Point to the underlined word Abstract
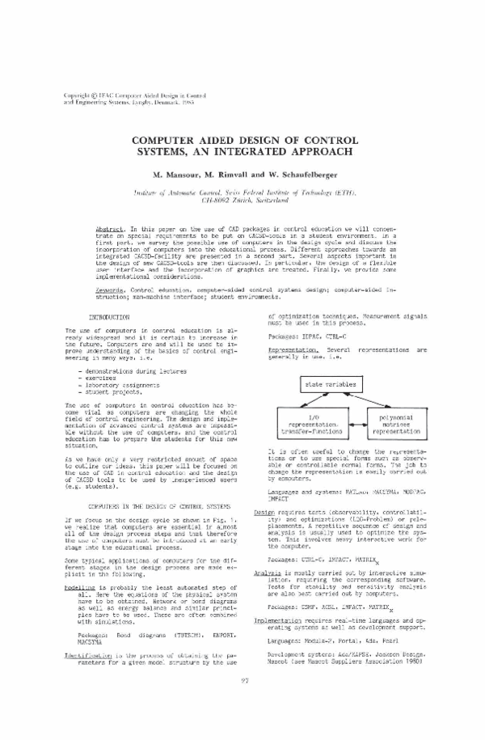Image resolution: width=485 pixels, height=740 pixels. (x=110, y=230)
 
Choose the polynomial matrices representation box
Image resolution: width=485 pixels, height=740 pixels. (x=394, y=421)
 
